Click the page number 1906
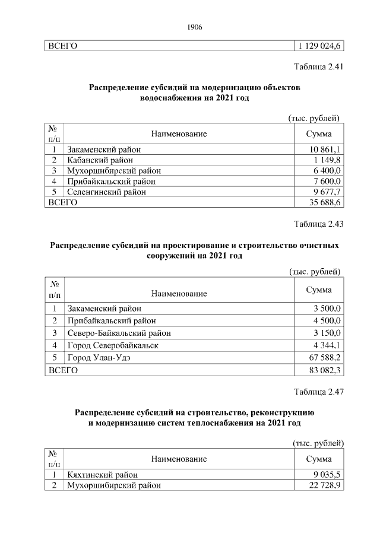[x=195, y=27]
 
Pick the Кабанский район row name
[x=100, y=160]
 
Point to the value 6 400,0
[x=328, y=171]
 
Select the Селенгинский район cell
[x=106, y=192]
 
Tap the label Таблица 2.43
[x=319, y=224]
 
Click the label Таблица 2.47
[x=319, y=391]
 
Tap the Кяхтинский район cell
[x=102, y=475]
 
